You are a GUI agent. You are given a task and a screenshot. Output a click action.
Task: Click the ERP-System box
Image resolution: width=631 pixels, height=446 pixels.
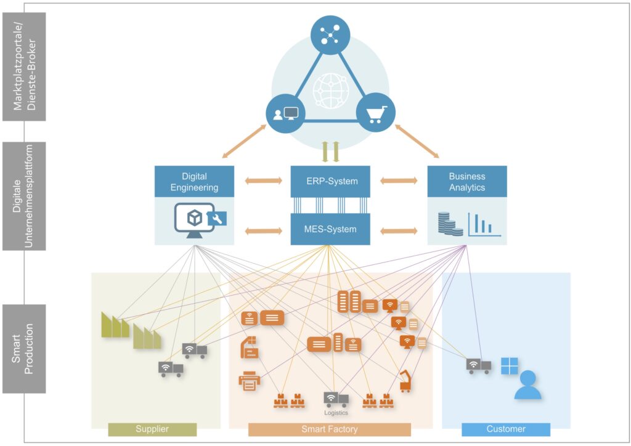[x=330, y=181]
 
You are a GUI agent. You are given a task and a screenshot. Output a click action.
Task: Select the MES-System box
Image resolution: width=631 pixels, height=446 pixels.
[x=330, y=229]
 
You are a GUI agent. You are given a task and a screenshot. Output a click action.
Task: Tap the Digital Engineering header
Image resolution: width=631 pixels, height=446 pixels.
[x=194, y=181]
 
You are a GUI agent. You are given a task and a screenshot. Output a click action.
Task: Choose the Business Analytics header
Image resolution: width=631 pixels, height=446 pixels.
[x=467, y=181]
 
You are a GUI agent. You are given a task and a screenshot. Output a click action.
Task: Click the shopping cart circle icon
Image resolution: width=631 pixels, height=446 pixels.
[x=376, y=113]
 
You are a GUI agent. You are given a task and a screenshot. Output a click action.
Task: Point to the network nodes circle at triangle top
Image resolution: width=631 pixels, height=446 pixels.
[x=330, y=35]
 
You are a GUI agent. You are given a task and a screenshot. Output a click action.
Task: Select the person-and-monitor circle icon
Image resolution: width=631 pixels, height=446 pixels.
[x=286, y=114]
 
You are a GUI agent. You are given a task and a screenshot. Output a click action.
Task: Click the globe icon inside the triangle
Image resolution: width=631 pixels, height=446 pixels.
[x=330, y=91]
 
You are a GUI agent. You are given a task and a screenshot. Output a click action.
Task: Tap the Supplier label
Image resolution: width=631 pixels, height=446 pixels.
[x=152, y=429]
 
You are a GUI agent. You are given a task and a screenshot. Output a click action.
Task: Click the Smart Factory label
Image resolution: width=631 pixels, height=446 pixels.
[x=330, y=429]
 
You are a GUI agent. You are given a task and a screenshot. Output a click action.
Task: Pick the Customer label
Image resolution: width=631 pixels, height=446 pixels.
[x=506, y=429]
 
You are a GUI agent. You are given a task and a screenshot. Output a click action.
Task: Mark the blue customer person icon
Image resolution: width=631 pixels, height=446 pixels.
[x=527, y=385]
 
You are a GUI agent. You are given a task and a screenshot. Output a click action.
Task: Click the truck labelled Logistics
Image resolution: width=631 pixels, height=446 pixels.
[x=336, y=399]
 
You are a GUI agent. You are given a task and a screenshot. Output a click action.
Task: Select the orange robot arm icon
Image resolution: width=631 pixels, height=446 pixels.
[x=405, y=381]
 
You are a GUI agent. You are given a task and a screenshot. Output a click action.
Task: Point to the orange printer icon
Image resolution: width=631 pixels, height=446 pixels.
[x=250, y=381]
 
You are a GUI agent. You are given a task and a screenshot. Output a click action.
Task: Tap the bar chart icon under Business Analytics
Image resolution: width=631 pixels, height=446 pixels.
[x=484, y=224]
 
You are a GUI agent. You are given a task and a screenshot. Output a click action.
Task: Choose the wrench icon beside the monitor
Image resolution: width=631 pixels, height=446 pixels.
[x=217, y=219]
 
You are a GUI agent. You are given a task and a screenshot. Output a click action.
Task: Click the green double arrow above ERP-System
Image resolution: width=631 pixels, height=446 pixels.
[x=330, y=152]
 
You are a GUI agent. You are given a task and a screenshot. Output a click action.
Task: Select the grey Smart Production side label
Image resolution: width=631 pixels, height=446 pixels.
[x=24, y=349]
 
